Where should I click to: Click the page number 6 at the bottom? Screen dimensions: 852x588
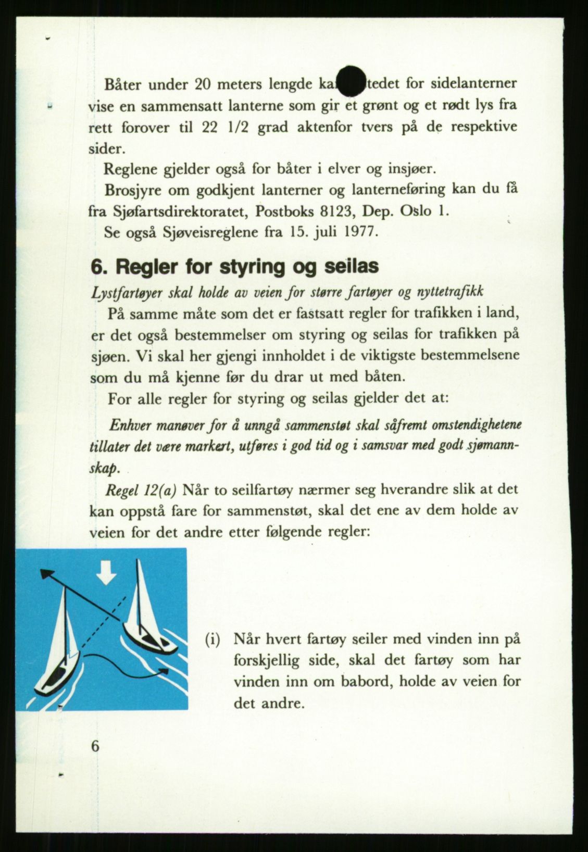95,746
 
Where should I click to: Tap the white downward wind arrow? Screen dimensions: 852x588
106,575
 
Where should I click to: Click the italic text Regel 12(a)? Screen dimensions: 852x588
141,490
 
